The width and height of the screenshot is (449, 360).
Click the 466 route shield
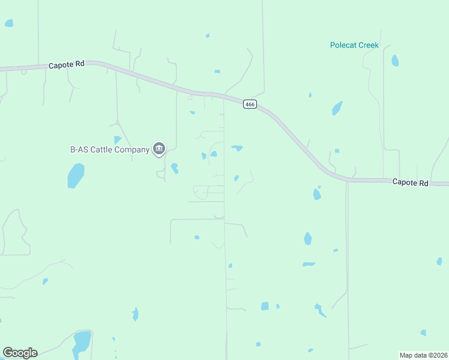coord(250,104)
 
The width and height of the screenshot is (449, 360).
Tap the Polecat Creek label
coord(354,45)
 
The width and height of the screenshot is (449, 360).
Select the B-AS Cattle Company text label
coord(110,149)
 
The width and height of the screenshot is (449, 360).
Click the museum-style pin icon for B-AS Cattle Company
coord(159,149)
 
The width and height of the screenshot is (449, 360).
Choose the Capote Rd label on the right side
coord(410,182)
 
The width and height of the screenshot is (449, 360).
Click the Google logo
coord(20,353)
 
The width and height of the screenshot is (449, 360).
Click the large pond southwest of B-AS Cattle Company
coord(76,176)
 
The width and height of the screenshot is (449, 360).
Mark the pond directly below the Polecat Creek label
coord(337,108)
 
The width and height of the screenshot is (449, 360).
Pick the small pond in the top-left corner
coord(9,23)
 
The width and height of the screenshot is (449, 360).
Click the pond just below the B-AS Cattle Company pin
coord(174,168)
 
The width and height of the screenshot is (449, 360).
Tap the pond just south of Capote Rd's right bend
coord(316,194)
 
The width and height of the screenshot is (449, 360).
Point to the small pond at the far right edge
coord(439,261)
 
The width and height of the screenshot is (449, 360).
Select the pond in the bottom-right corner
coord(423,332)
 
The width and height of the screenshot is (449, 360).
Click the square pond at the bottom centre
coord(265,306)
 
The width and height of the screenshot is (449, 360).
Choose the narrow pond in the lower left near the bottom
coord(136,314)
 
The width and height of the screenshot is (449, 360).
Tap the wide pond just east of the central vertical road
coord(237,148)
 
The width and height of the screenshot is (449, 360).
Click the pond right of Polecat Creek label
coord(395,61)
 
